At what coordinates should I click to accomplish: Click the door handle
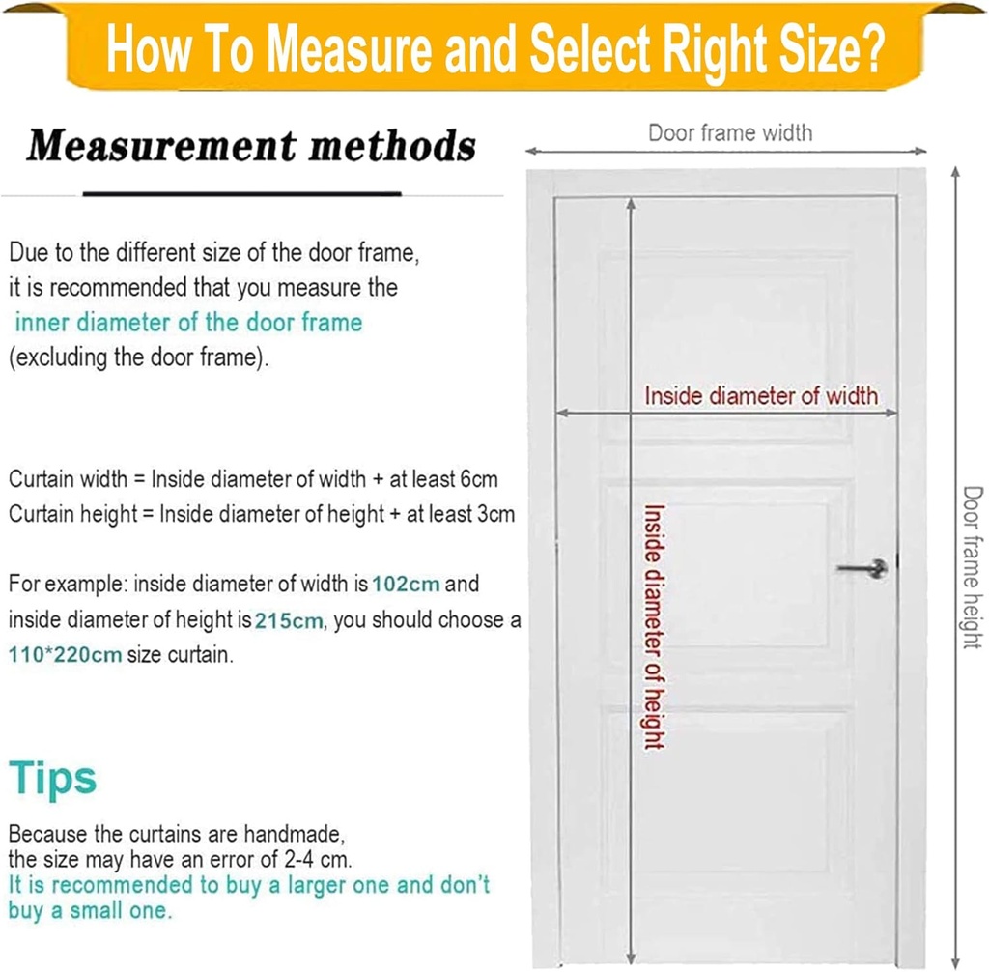[862, 568]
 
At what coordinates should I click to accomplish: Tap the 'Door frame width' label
[730, 133]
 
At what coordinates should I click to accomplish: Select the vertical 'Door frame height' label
[972, 567]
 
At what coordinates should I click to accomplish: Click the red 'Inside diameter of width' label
[761, 396]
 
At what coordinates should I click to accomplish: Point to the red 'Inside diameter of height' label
[654, 627]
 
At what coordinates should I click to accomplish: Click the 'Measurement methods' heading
[251, 146]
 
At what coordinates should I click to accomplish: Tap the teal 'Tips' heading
[52, 779]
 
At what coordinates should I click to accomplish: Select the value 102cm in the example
[406, 584]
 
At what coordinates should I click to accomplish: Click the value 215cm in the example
[289, 620]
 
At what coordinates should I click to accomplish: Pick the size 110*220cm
[65, 654]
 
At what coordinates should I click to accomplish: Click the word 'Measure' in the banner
[352, 49]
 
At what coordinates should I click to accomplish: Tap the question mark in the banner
[873, 49]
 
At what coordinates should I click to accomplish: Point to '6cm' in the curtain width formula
[479, 479]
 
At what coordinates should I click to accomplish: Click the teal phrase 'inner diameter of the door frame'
[188, 323]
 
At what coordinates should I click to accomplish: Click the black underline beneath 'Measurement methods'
[242, 194]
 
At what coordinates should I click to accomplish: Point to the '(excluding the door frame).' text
[138, 357]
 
